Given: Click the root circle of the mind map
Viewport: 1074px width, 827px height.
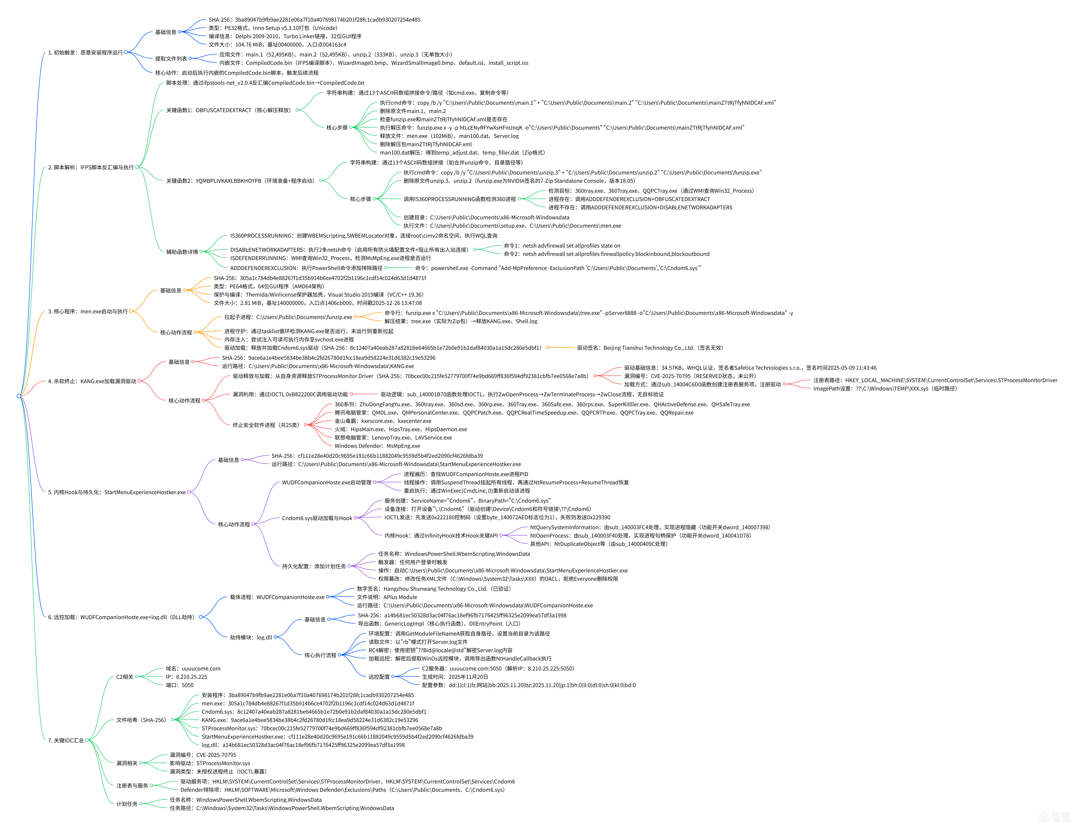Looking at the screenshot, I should (19, 396).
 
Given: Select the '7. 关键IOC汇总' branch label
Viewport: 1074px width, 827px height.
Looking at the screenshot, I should (66, 740).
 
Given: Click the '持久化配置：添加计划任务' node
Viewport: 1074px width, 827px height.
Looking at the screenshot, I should (314, 566).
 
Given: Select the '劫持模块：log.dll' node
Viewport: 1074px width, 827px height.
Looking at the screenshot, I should (251, 638).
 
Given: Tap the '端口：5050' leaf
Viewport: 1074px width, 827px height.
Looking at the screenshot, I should (179, 685).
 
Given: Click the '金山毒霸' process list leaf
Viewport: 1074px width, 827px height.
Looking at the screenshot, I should (383, 421).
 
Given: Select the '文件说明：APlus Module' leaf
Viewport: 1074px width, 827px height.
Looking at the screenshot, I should (387, 597).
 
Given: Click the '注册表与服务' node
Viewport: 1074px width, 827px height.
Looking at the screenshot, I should (132, 786).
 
